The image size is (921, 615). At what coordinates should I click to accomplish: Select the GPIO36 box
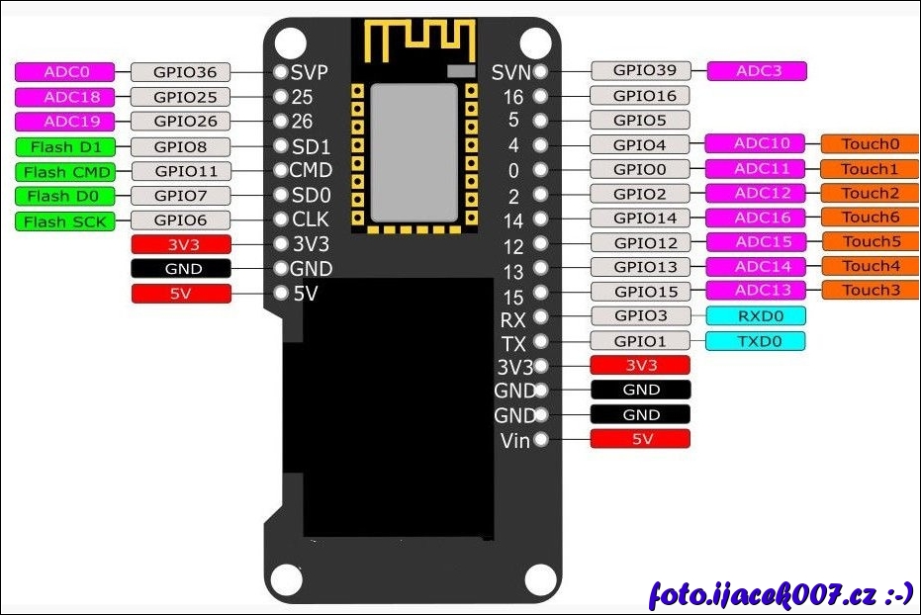click(x=179, y=72)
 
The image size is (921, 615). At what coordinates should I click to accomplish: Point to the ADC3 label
click(x=757, y=70)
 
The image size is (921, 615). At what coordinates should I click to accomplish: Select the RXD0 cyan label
click(x=756, y=315)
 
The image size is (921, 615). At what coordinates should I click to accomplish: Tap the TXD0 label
click(x=756, y=341)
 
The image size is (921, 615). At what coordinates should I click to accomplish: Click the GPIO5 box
click(x=640, y=120)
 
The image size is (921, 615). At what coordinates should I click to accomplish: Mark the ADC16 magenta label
click(x=756, y=218)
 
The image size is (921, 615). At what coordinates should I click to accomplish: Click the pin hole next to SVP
click(x=280, y=72)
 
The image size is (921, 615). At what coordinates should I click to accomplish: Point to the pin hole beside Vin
click(x=540, y=439)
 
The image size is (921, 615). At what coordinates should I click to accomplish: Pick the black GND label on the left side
click(x=181, y=268)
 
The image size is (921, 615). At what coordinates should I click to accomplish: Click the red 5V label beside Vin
click(x=640, y=439)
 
